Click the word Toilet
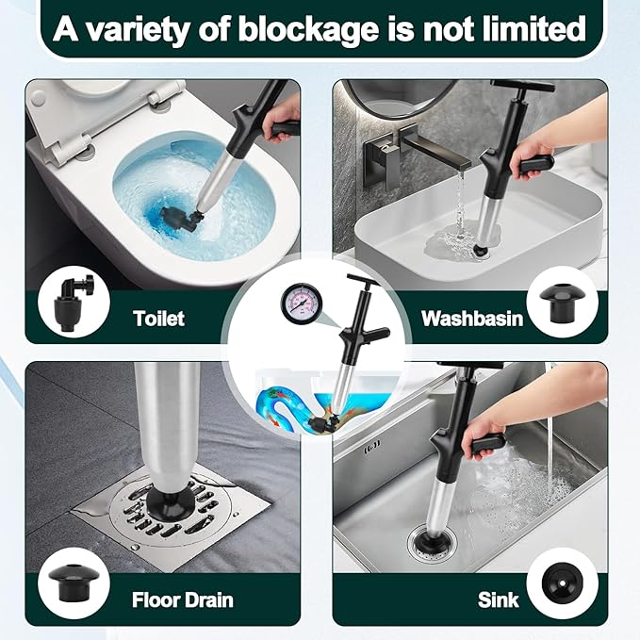158,319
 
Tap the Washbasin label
472,319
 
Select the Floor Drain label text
183,600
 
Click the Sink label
498,600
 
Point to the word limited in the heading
534,28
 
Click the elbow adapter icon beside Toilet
74,304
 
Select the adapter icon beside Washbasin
562,302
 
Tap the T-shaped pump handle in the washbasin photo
523,87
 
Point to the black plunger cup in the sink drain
427,542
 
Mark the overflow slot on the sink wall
371,443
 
